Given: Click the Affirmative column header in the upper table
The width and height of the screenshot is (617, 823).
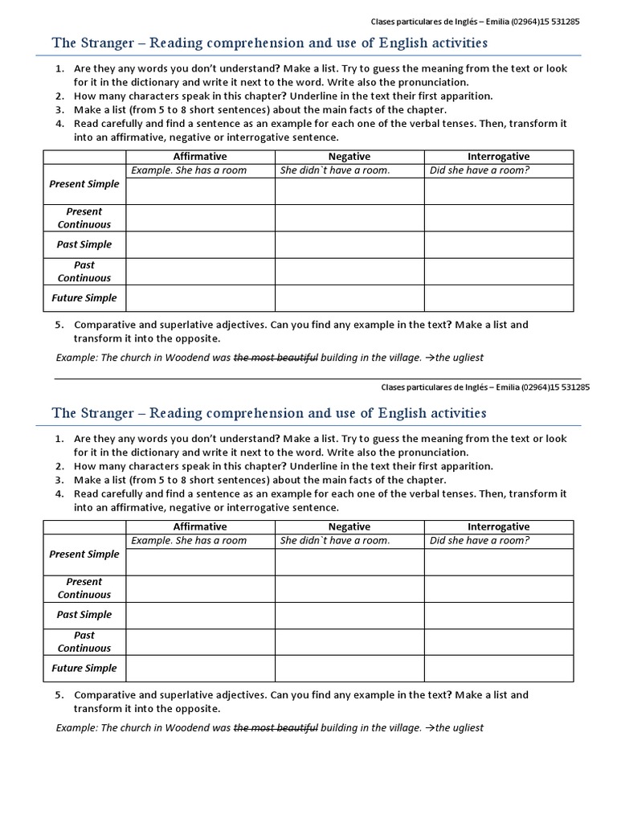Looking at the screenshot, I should (x=200, y=156).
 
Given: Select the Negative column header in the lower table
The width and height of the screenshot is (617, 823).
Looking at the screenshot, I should (x=349, y=526).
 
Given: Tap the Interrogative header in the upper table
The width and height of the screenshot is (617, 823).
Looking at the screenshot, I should (x=498, y=156).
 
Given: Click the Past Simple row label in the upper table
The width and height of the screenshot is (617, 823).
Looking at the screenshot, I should (x=84, y=244).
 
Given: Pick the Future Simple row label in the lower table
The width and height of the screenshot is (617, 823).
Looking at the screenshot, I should (x=84, y=668).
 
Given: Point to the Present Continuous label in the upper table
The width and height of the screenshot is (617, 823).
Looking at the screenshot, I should (x=84, y=218).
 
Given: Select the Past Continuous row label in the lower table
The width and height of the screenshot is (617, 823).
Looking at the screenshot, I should (x=84, y=641).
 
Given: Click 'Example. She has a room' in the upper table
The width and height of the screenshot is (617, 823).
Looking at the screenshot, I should (x=189, y=170).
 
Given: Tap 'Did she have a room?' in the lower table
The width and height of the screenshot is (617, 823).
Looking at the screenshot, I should (x=480, y=540).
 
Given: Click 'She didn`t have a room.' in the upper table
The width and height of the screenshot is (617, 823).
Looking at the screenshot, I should (x=335, y=170).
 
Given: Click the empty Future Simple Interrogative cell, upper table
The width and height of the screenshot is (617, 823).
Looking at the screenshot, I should (x=498, y=297).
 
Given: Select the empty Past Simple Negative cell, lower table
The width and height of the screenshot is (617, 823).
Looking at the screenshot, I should (x=349, y=615).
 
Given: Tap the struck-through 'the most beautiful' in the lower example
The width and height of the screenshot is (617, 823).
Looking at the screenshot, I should (x=276, y=728).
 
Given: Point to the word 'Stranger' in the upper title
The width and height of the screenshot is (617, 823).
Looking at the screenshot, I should (x=109, y=43).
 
